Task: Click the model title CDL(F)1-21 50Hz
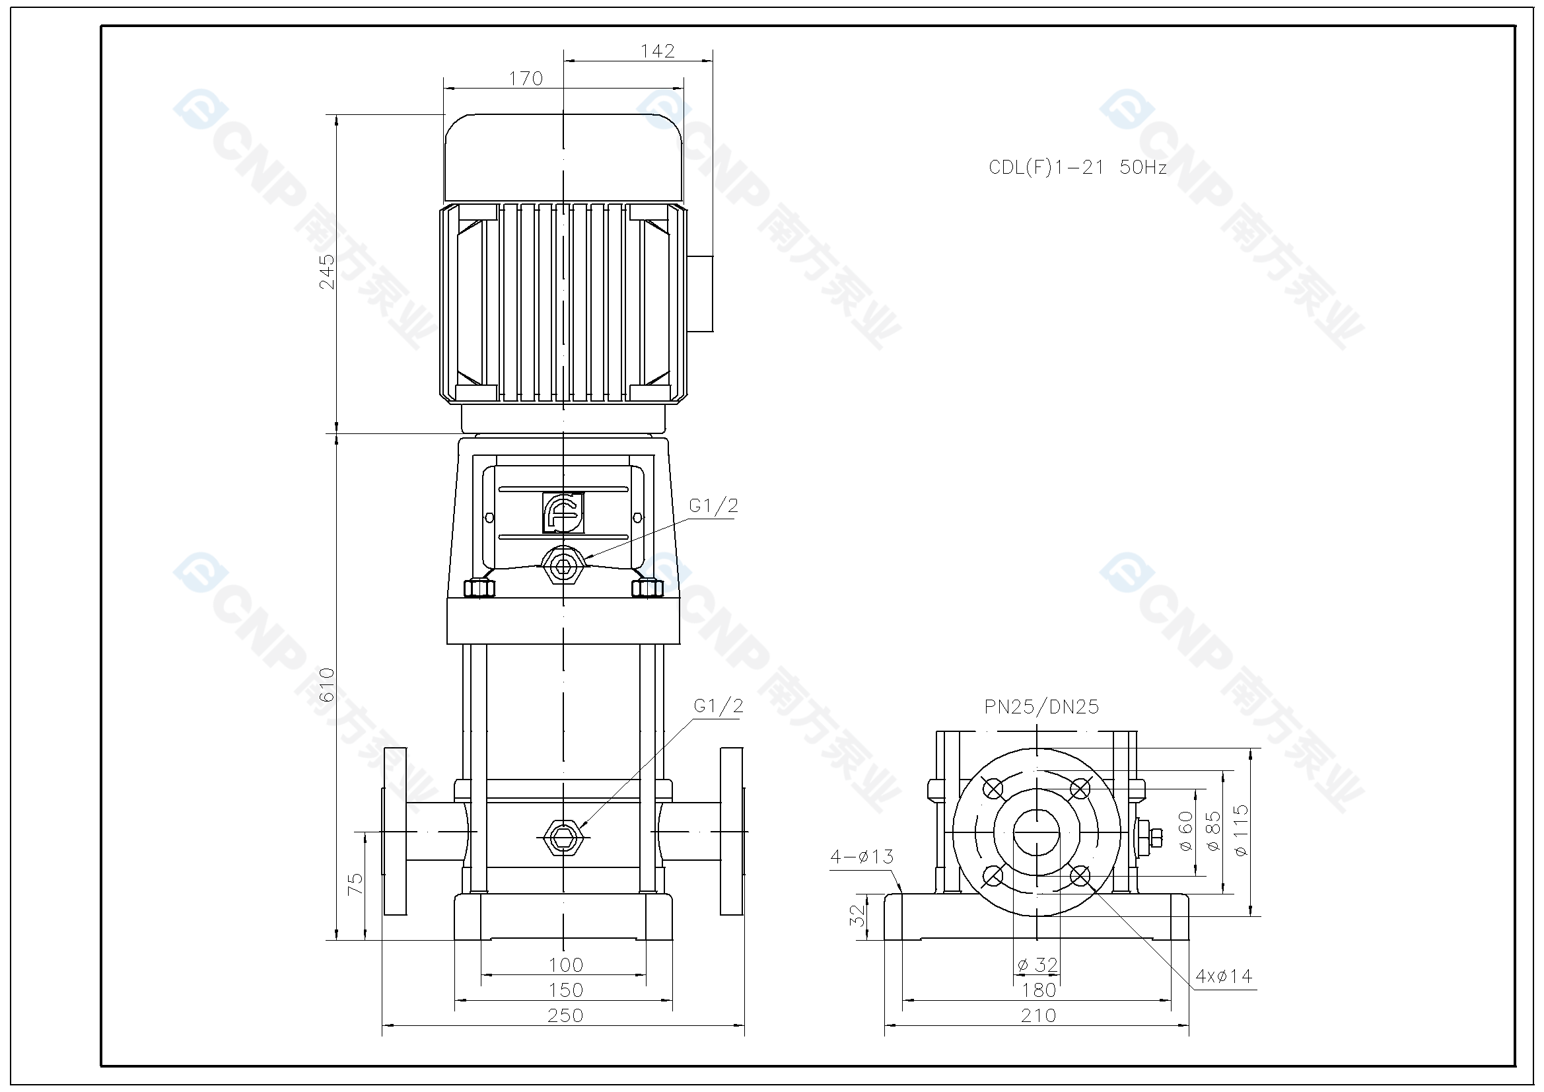[x=1076, y=168]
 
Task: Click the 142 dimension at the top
[x=657, y=51]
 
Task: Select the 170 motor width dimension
[x=525, y=79]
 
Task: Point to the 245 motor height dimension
[x=327, y=271]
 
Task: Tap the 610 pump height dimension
[x=327, y=684]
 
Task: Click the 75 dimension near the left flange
[x=355, y=883]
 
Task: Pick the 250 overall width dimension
[x=565, y=1015]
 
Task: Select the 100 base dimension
[x=565, y=965]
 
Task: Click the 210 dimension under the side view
[x=1038, y=1015]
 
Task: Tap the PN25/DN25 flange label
[x=1041, y=706]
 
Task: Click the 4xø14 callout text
[x=1223, y=976]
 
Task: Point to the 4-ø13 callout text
[x=861, y=857]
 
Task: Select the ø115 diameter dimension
[x=1242, y=830]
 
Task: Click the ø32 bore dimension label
[x=1037, y=965]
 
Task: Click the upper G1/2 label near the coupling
[x=713, y=505]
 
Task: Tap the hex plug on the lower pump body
[x=563, y=838]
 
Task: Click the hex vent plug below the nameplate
[x=563, y=567]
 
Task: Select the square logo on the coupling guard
[x=563, y=513]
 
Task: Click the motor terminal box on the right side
[x=700, y=293]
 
